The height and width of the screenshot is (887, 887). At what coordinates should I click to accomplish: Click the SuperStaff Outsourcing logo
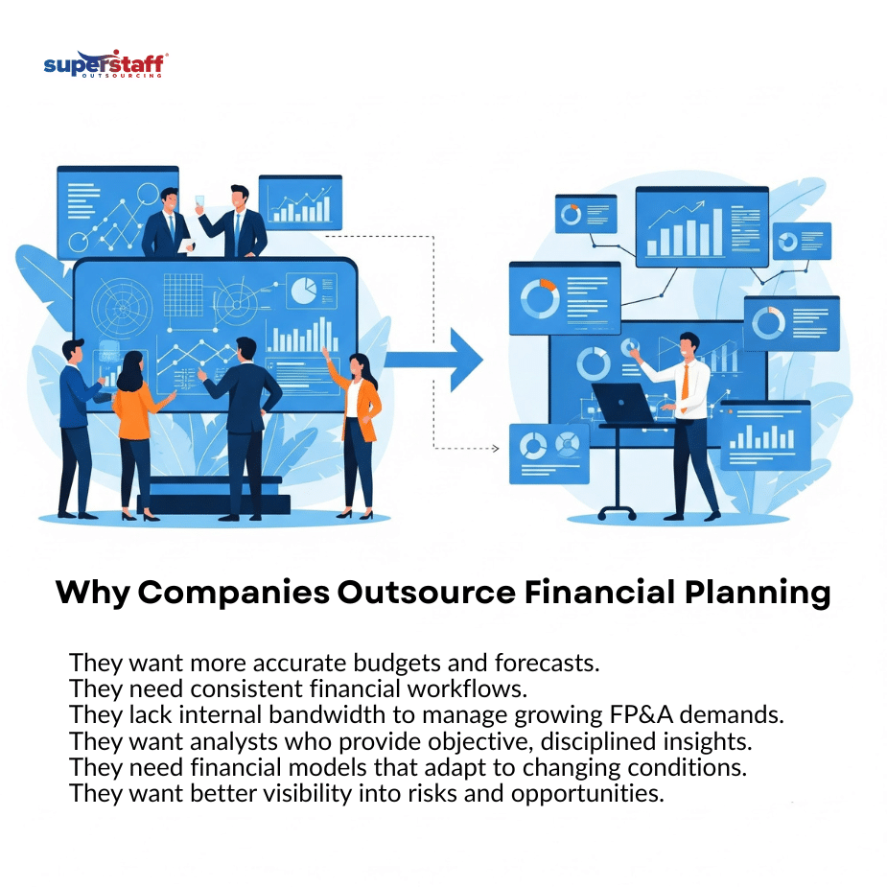point(105,64)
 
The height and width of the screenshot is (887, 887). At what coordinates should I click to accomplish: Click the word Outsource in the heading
point(427,593)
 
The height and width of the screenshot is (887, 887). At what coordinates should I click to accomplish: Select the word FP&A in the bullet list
point(642,714)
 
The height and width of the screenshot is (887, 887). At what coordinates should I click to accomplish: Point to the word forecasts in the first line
point(547,663)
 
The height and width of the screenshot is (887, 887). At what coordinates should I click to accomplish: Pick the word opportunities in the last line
point(587,794)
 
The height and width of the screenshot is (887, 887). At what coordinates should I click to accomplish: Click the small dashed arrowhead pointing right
point(496,449)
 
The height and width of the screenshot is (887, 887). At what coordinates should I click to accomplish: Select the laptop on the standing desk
point(623,404)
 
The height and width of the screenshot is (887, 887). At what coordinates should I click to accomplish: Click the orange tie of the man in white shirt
point(685,388)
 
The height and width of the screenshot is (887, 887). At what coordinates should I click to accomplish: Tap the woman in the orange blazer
point(356,435)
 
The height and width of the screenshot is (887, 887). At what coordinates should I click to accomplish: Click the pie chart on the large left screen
point(304,291)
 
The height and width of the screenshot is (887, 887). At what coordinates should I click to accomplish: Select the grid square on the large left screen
point(183,294)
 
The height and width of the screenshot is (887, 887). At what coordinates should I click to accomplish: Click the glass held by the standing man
point(199,201)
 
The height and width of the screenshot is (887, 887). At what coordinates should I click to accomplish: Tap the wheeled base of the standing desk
point(618,512)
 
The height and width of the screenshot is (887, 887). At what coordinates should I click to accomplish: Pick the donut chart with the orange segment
point(540,298)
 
